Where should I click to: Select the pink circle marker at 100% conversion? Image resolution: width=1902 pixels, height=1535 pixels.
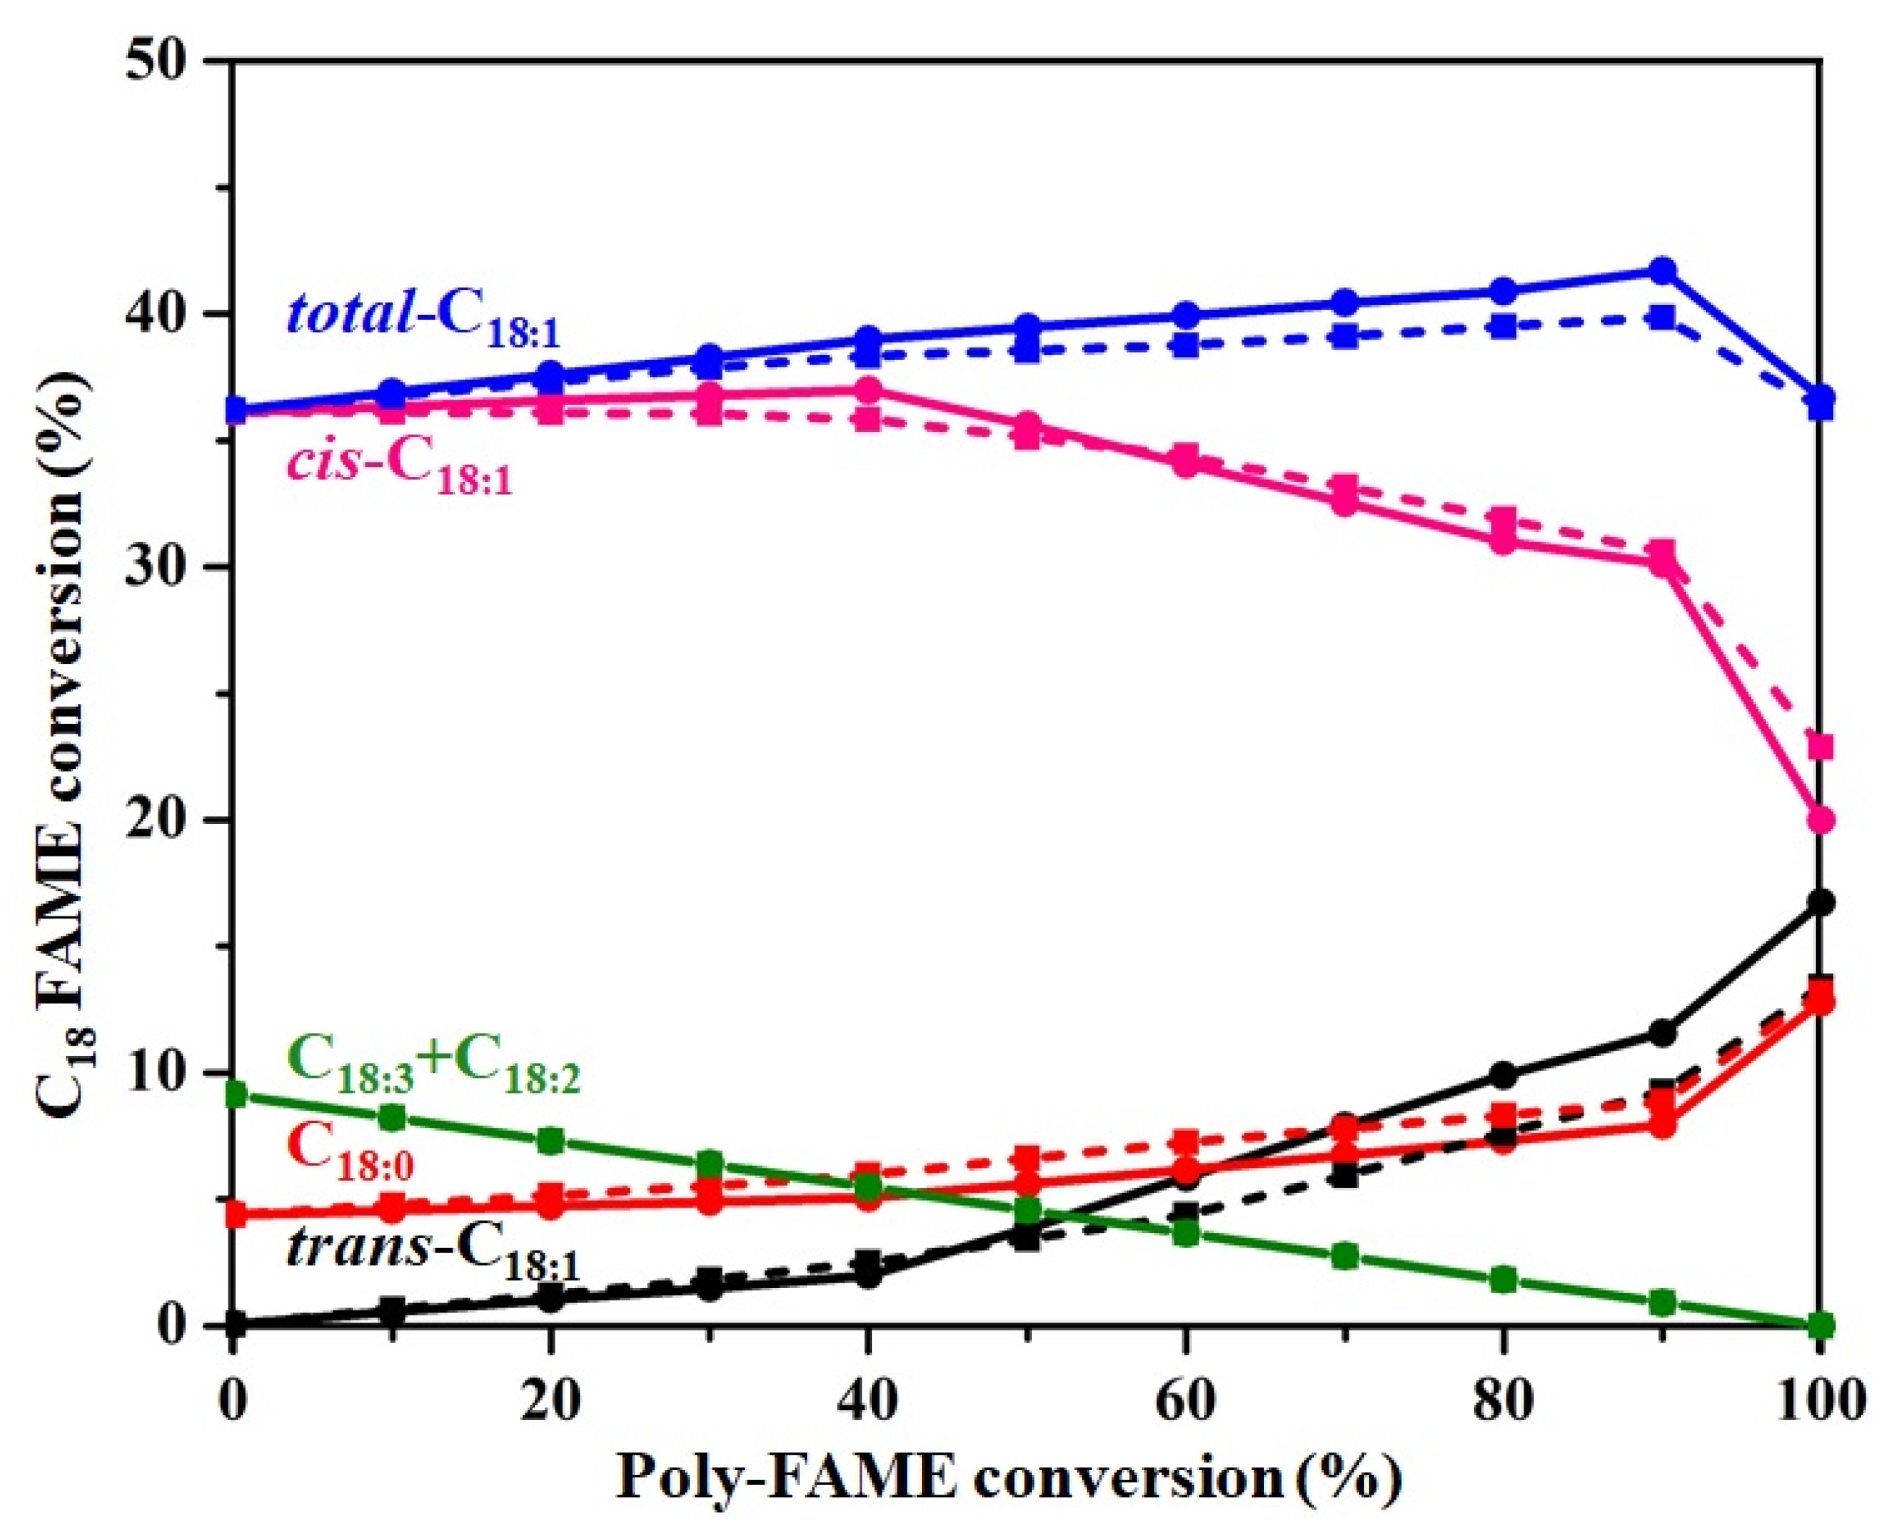point(1820,820)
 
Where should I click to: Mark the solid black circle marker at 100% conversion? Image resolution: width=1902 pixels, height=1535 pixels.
point(1820,903)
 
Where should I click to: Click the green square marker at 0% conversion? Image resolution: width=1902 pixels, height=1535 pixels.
point(234,1096)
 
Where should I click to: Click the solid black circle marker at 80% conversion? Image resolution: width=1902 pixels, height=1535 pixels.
point(1503,1076)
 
